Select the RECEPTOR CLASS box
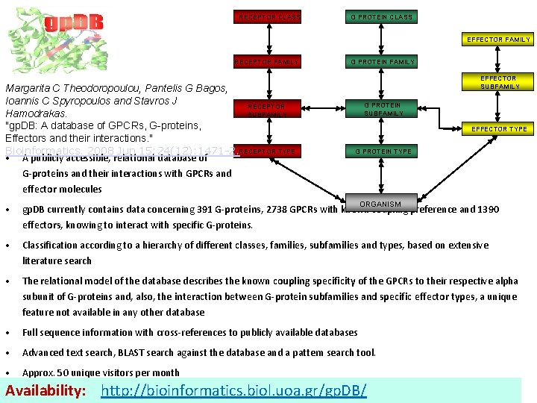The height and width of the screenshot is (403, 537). pyautogui.click(x=268, y=16)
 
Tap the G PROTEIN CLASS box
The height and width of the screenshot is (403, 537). pyautogui.click(x=381, y=16)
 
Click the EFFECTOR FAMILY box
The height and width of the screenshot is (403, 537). pyautogui.click(x=498, y=40)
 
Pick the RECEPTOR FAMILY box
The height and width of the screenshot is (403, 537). pyautogui.click(x=267, y=62)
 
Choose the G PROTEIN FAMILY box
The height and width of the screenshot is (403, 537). pyautogui.click(x=383, y=62)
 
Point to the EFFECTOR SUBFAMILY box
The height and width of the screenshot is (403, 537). pyautogui.click(x=498, y=82)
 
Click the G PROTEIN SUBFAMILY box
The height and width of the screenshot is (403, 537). pyautogui.click(x=383, y=110)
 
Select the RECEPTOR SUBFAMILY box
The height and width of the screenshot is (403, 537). pyautogui.click(x=266, y=110)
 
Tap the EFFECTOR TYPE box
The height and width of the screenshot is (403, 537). pyautogui.click(x=498, y=129)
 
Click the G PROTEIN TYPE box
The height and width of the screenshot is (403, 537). pyautogui.click(x=383, y=151)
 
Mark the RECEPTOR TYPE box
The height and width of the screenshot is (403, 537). pyautogui.click(x=268, y=151)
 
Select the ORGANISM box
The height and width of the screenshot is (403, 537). pyautogui.click(x=380, y=204)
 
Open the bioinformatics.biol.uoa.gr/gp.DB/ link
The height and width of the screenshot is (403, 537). pyautogui.click(x=233, y=390)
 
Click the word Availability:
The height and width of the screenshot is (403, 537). pyautogui.click(x=47, y=390)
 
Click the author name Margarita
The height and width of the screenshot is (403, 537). pyautogui.click(x=28, y=89)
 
